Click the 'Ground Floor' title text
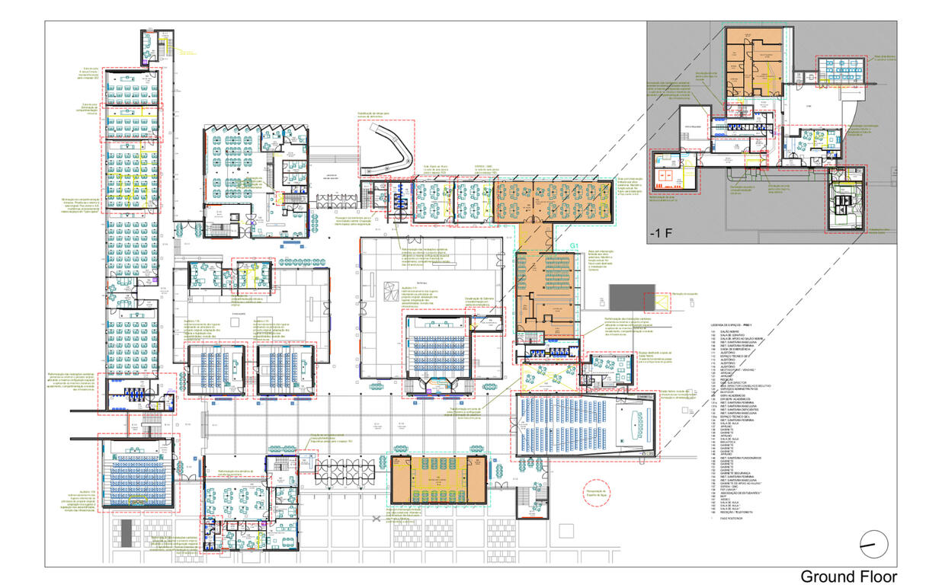click(847, 577)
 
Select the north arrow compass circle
click(873, 544)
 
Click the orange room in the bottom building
click(437, 480)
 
